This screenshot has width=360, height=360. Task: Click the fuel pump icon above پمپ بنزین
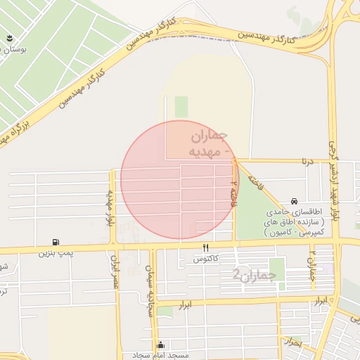(55, 241)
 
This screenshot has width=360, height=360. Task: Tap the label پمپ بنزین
(55, 251)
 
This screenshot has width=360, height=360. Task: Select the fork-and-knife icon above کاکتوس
(206, 248)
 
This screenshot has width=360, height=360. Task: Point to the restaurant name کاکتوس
(206, 259)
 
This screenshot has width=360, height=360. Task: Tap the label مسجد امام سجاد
(162, 356)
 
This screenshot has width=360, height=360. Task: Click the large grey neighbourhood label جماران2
(251, 276)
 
